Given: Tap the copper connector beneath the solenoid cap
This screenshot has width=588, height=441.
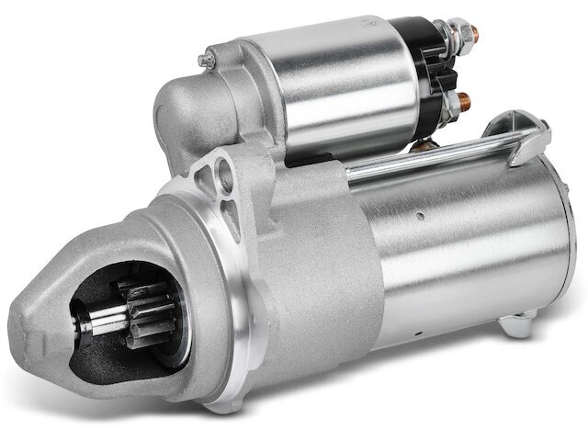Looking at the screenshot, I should click(424, 145).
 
